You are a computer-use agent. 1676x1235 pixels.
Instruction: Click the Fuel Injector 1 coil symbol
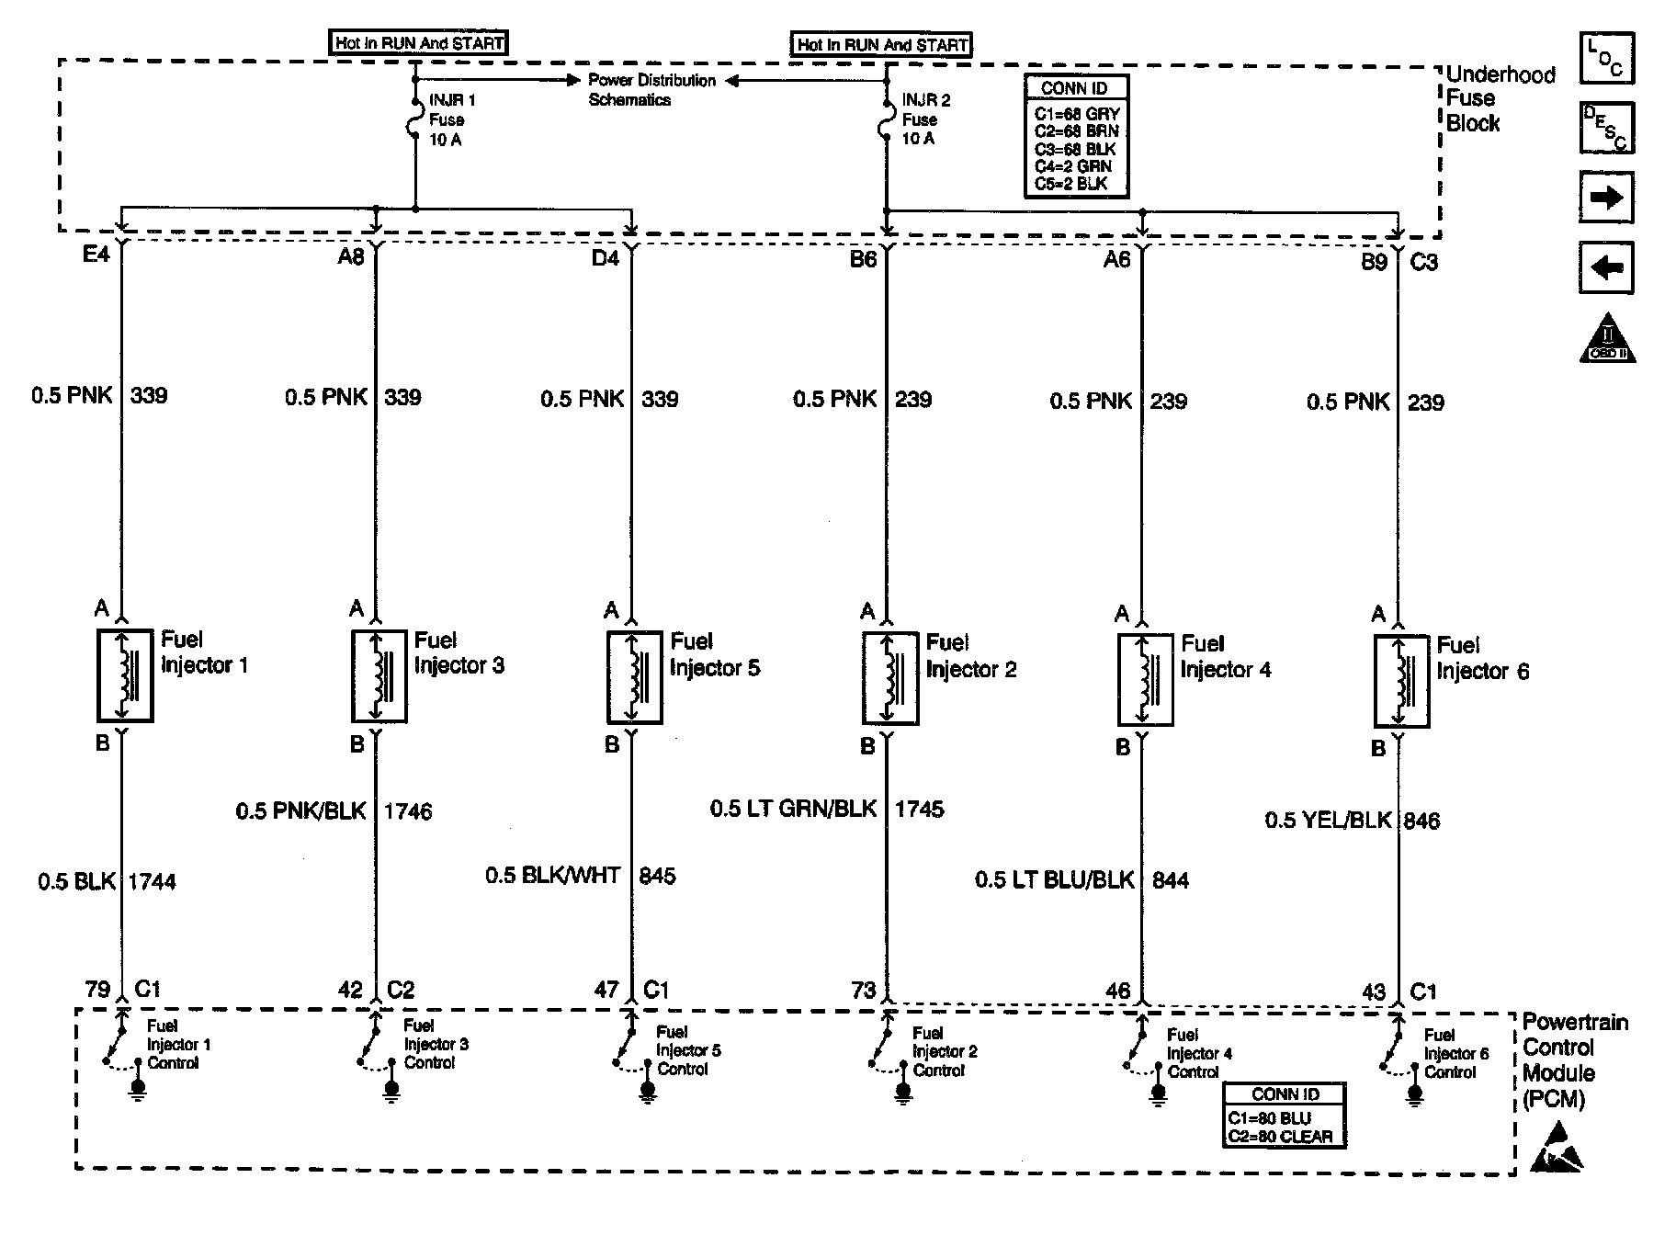(124, 675)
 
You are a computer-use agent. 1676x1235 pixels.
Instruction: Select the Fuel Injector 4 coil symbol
(1145, 679)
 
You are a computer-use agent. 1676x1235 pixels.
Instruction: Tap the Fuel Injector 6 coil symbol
(1400, 681)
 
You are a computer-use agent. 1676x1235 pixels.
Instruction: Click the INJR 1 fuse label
(451, 119)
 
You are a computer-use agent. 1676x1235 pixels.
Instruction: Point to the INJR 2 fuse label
(924, 119)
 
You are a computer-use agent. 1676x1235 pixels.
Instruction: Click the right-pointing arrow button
(1605, 198)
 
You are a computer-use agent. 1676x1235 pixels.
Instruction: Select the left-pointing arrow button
(1605, 267)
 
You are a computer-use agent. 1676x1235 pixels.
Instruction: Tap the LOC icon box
(1606, 58)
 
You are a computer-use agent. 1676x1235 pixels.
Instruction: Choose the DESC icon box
(1606, 128)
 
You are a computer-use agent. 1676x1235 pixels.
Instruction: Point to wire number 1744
(152, 881)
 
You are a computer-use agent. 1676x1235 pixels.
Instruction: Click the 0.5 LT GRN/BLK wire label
(793, 810)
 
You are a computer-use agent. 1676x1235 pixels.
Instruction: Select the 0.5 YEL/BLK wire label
(1328, 821)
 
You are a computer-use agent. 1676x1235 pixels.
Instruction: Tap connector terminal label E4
(96, 255)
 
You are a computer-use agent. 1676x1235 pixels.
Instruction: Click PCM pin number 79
(97, 989)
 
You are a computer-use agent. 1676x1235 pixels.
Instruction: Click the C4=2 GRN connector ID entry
(1073, 166)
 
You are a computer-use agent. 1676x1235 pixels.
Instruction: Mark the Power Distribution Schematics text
(651, 90)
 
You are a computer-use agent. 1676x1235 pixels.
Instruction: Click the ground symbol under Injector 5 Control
(647, 1091)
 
